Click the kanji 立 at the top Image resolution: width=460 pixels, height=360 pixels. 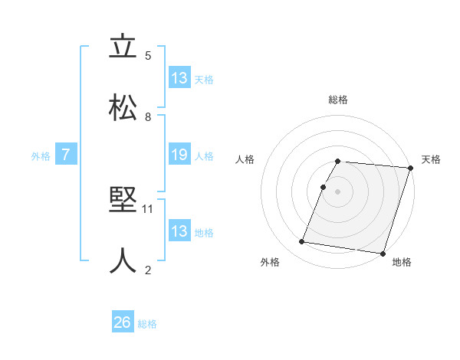click(123, 47)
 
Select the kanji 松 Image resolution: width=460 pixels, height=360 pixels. click(123, 108)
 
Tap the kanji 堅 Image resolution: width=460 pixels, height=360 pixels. click(123, 200)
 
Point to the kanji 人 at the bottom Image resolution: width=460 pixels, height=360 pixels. click(123, 260)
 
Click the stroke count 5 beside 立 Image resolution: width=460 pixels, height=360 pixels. click(148, 56)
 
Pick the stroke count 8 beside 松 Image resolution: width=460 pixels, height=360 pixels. click(148, 117)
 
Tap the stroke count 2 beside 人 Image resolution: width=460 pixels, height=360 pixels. click(148, 270)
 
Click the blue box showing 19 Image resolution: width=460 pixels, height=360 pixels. click(179, 155)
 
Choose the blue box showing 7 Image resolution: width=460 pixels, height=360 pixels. click(66, 155)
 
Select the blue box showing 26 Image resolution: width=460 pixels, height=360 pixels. click(123, 323)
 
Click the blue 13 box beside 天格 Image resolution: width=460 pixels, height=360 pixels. click(179, 79)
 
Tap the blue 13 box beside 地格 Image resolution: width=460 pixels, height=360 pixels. click(179, 231)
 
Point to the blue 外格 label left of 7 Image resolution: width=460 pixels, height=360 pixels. click(41, 156)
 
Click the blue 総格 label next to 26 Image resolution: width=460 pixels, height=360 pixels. click(148, 324)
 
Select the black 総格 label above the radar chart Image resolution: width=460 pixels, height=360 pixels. click(338, 100)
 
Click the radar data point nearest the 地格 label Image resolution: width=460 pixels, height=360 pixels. click(383, 254)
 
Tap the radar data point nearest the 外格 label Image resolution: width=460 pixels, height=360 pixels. click(302, 242)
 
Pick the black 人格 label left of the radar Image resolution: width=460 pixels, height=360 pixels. click(245, 159)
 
